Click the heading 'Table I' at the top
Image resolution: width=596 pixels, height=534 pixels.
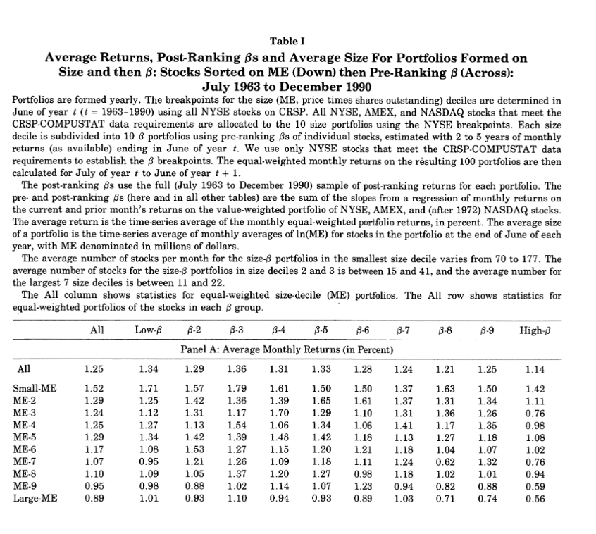(297, 41)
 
